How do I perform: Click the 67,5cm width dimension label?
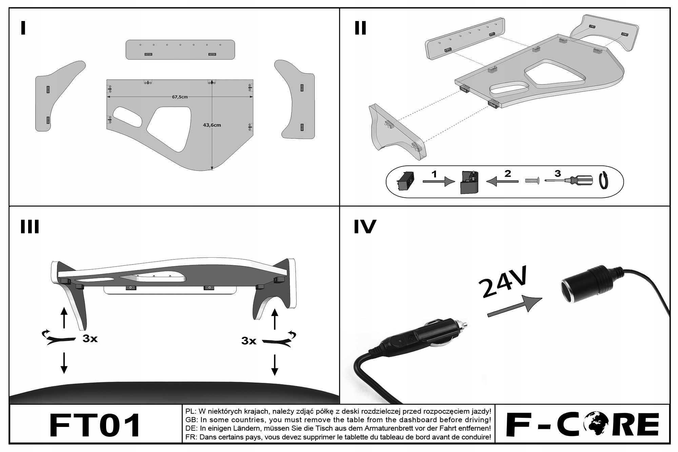pyautogui.click(x=180, y=97)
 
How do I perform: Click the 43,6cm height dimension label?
pyautogui.click(x=212, y=125)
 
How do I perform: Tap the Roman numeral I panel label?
pyautogui.click(x=23, y=28)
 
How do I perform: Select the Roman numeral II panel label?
pyautogui.click(x=360, y=28)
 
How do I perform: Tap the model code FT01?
pyautogui.click(x=95, y=425)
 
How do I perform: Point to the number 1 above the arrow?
pyautogui.click(x=434, y=174)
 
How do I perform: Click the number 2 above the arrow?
pyautogui.click(x=507, y=174)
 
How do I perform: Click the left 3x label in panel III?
pyautogui.click(x=90, y=339)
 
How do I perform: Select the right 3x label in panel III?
pyautogui.click(x=249, y=341)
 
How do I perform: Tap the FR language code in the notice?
pyautogui.click(x=190, y=437)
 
